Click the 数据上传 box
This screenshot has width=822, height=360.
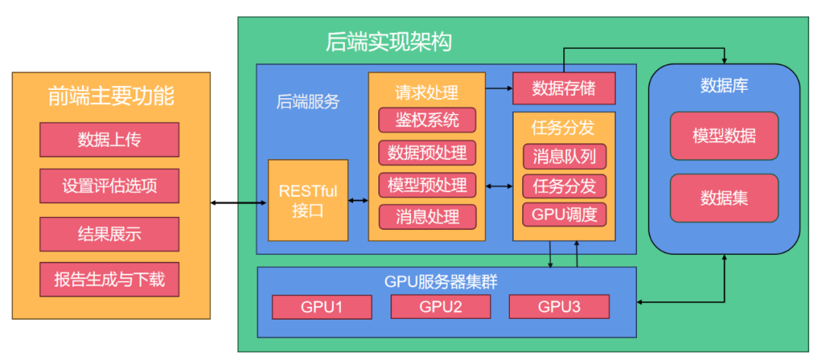pos(109,140)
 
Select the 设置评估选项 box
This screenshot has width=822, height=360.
pos(109,186)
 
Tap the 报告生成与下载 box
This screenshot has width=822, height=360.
pos(109,279)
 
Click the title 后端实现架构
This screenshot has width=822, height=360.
pos(388,41)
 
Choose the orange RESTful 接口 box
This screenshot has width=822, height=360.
pos(308,200)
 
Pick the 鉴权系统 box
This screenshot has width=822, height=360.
pos(427,120)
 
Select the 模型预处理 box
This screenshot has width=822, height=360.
pos(427,184)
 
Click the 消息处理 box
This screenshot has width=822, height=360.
pos(427,217)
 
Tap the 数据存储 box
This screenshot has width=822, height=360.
pos(563,88)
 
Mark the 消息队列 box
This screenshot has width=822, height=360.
pos(564,157)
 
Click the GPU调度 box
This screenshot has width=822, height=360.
pos(564,214)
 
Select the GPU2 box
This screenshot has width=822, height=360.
pos(441,307)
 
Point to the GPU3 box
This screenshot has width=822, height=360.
pos(559,307)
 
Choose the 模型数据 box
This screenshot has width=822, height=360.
pos(724,136)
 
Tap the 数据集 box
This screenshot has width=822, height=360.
pos(724,198)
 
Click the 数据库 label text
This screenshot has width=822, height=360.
pos(724,85)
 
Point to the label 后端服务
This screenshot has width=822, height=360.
pos(307,102)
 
